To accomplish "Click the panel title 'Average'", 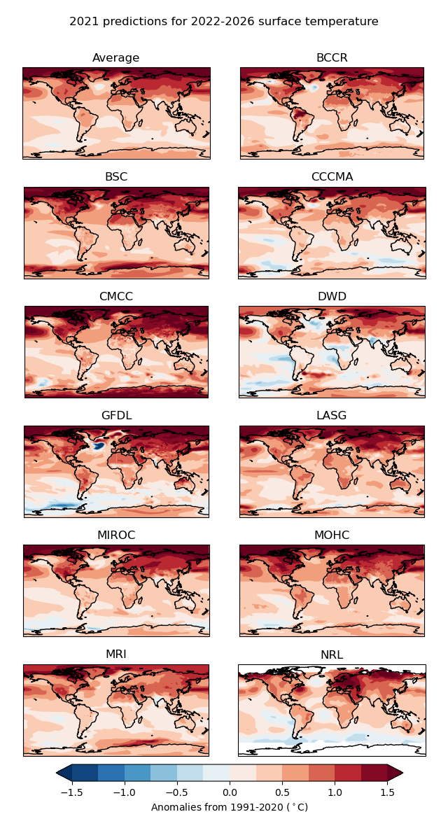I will pyautogui.click(x=116, y=58).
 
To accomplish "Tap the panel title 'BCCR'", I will pyautogui.click(x=332, y=58).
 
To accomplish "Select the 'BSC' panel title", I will pyautogui.click(x=116, y=177).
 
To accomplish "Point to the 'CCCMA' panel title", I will pyautogui.click(x=332, y=177).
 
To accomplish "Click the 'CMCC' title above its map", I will pyautogui.click(x=116, y=297).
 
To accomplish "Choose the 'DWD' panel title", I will pyautogui.click(x=332, y=297).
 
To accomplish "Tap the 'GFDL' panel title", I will pyautogui.click(x=116, y=416).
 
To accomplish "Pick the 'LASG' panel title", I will pyautogui.click(x=332, y=416).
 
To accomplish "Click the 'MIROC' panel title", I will pyautogui.click(x=116, y=535).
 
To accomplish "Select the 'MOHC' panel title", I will pyautogui.click(x=332, y=535).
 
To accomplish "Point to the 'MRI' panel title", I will pyautogui.click(x=116, y=654).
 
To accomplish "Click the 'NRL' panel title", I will pyautogui.click(x=332, y=655).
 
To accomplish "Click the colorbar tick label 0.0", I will pyautogui.click(x=230, y=792).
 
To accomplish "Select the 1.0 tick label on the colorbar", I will pyautogui.click(x=335, y=792).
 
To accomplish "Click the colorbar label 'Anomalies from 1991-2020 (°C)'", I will pyautogui.click(x=230, y=807).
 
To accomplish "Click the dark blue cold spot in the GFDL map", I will pyautogui.click(x=99, y=444).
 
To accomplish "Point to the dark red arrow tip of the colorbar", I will pyautogui.click(x=396, y=772).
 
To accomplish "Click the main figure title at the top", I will pyautogui.click(x=224, y=22).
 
